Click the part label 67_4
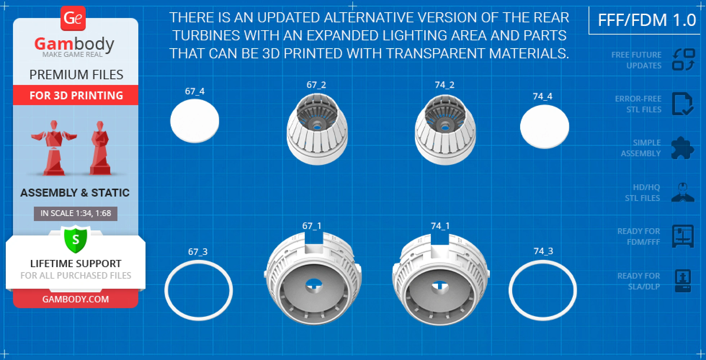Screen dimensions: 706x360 click(x=195, y=91)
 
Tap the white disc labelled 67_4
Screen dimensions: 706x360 click(x=195, y=121)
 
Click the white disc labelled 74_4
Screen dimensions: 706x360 click(x=545, y=126)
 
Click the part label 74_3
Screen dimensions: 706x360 click(x=543, y=251)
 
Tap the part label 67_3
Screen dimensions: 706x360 click(x=198, y=252)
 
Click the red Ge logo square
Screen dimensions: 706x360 click(x=73, y=18)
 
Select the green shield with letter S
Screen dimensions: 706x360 click(x=76, y=239)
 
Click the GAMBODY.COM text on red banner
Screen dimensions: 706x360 click(x=76, y=299)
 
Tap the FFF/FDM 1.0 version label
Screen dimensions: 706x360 click(x=647, y=20)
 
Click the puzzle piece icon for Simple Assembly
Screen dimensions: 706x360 click(x=683, y=148)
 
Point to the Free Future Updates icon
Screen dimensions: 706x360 click(x=683, y=60)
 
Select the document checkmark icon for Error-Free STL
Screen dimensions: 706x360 click(x=683, y=104)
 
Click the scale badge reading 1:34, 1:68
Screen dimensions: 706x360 click(x=76, y=213)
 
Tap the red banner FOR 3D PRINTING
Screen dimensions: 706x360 click(x=76, y=95)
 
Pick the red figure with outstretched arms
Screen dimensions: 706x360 click(x=54, y=148)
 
